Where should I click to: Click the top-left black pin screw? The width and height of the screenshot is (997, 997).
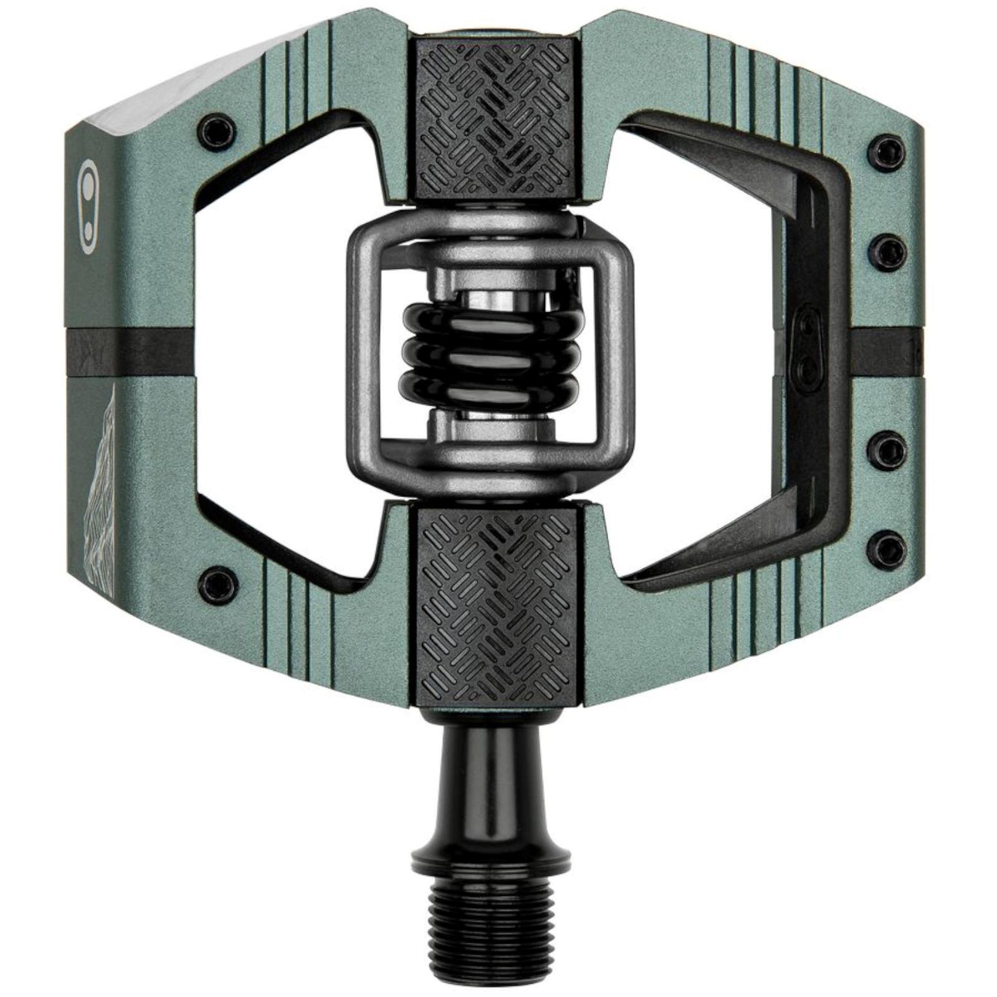(x=216, y=131)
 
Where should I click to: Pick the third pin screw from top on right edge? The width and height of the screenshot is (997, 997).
(x=888, y=449)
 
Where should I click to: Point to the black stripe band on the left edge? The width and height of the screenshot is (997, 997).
(x=128, y=354)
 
